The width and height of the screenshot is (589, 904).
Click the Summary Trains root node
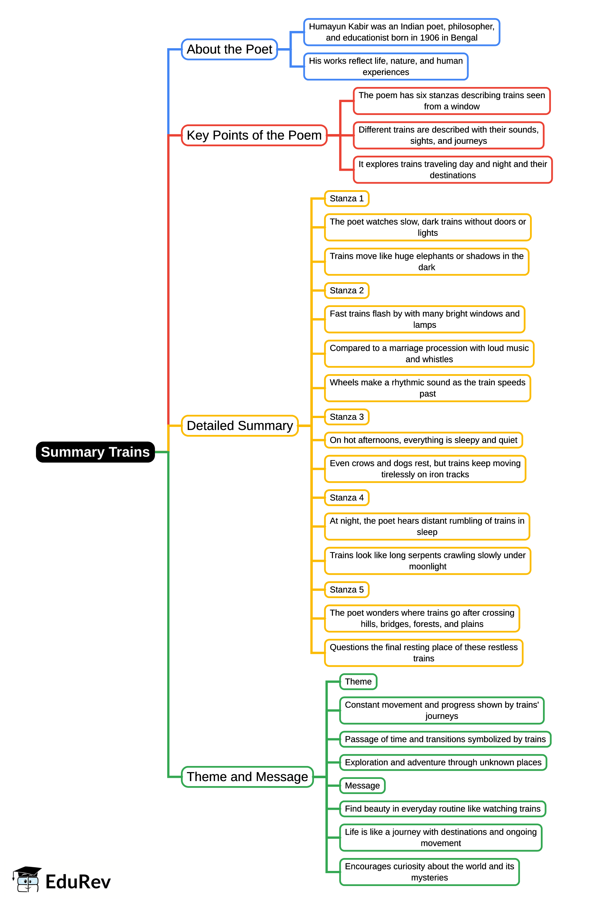[x=95, y=452]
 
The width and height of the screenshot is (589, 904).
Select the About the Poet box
[x=229, y=49]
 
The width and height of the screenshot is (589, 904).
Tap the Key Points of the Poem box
[x=254, y=135]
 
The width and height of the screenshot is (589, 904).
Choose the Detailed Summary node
[x=239, y=426]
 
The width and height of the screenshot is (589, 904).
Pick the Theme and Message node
[x=247, y=777]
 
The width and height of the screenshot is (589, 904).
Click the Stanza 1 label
[x=347, y=198]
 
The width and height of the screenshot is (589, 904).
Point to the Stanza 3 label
[x=347, y=417]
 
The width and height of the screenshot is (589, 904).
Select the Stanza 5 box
[x=347, y=589]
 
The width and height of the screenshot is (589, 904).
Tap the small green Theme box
[x=358, y=682]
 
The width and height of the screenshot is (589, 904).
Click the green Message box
[x=362, y=785]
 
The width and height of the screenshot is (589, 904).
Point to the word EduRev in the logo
[x=78, y=882]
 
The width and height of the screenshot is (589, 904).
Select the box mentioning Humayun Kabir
[x=401, y=32]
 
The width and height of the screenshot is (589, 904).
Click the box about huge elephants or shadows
[x=426, y=262]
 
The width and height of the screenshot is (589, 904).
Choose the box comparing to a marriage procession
[x=429, y=354]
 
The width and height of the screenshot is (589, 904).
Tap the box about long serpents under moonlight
[x=428, y=561]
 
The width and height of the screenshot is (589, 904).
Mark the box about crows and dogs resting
[x=425, y=469]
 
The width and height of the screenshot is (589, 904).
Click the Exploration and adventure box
[x=443, y=762]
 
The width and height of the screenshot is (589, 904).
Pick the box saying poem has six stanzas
[x=451, y=101]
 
